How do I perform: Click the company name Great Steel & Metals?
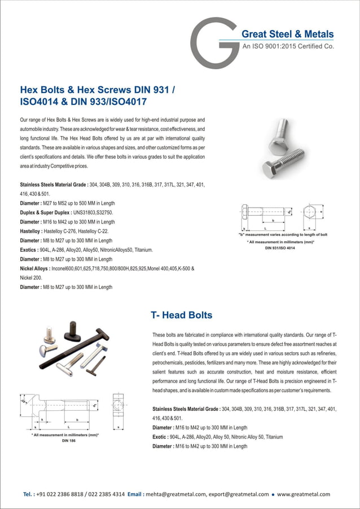click(287, 34)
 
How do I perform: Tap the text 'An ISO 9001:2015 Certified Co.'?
click(288, 47)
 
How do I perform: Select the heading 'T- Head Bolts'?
click(181, 315)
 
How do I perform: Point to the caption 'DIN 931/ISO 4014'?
click(280, 248)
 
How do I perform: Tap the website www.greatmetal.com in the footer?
click(304, 494)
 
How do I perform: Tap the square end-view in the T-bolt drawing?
click(118, 406)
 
